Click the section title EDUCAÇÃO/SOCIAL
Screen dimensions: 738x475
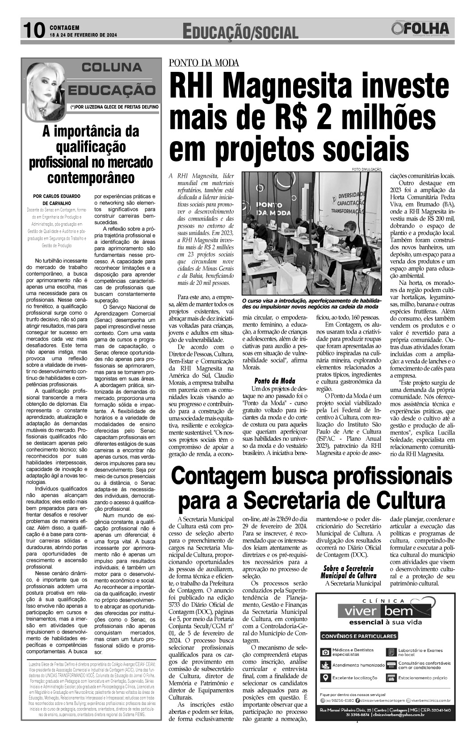(x=240, y=32)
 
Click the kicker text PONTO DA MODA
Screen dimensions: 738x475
(x=204, y=63)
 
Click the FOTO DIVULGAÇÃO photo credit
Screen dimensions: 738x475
(x=366, y=169)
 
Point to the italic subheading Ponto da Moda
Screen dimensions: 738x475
(x=275, y=381)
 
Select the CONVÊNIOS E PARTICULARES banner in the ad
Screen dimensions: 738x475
(x=359, y=636)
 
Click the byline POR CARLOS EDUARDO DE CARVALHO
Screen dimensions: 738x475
(x=57, y=200)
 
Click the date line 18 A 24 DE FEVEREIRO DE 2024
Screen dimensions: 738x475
(x=84, y=34)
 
